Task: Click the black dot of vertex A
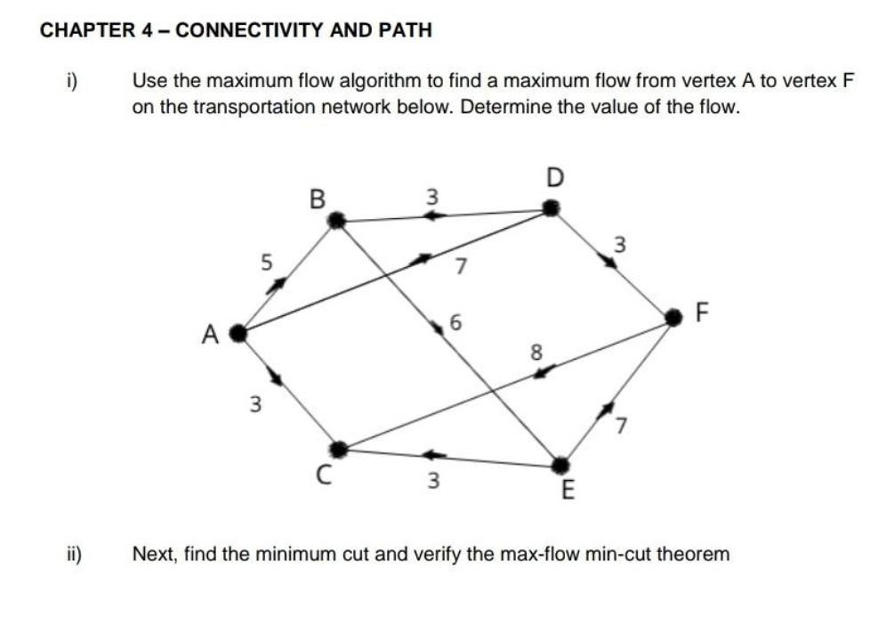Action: [238, 334]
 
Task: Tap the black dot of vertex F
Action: [674, 315]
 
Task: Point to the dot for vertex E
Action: [560, 465]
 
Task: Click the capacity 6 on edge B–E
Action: [456, 323]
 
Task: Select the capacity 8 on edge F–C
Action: [536, 351]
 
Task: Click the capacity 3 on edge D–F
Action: [621, 242]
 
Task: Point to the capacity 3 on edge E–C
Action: [432, 482]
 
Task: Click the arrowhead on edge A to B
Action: [278, 284]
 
